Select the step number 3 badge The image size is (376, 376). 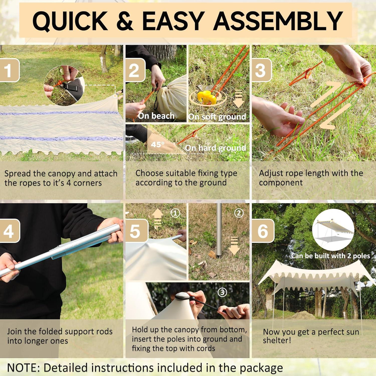coord(261,70)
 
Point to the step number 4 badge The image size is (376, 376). coord(10,231)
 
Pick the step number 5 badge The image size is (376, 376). coord(136,231)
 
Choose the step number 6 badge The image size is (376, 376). coord(263,231)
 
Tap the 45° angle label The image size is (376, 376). coord(158,144)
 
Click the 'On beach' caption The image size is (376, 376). coord(156,116)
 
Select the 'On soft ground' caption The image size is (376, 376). coord(217,117)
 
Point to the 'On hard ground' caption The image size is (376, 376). coord(216,148)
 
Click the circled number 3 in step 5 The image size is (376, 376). coord(222,292)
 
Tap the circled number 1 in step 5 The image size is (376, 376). coord(175,213)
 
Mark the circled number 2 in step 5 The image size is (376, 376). coord(239,213)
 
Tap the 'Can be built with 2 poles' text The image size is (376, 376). coord(330,256)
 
